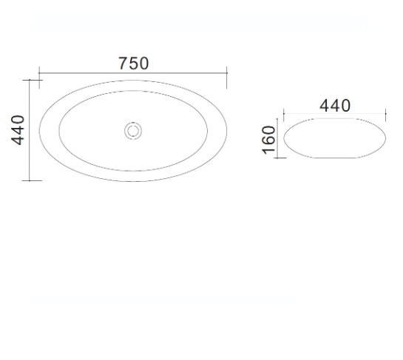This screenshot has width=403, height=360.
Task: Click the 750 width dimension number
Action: pos(133,64)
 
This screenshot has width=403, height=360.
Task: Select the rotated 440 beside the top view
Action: pos(18,130)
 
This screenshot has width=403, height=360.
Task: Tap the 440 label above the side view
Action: pos(334,106)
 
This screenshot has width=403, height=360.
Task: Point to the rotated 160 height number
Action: pos(269,139)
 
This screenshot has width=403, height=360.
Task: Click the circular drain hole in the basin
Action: pos(133,131)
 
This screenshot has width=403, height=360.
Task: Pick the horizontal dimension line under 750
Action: pos(133,74)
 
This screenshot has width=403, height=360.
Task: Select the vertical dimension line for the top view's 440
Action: pos(29,130)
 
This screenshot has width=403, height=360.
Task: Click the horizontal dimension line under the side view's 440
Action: pos(334,115)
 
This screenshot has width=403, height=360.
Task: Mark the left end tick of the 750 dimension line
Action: pos(39,74)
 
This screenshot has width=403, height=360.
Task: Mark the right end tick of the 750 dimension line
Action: pos(227,74)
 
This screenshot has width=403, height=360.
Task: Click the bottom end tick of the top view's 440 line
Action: pos(29,180)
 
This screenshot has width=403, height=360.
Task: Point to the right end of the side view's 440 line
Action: pos(387,115)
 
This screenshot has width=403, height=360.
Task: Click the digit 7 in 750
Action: pos(123,64)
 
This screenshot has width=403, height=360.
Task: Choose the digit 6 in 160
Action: pos(269,139)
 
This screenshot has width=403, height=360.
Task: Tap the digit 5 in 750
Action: pos(133,64)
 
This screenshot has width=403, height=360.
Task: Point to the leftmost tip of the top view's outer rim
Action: pos(39,130)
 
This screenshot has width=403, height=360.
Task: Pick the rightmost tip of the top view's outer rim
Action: pos(227,130)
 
